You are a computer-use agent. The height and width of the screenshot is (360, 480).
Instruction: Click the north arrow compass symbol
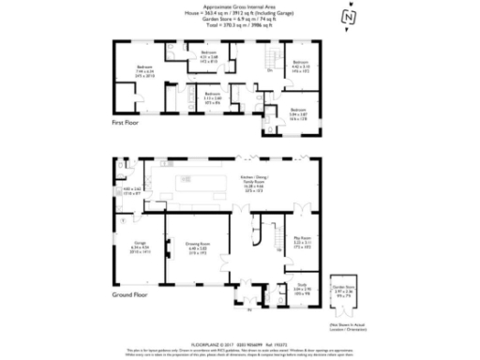(348, 17)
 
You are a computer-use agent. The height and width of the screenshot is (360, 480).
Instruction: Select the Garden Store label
(344, 291)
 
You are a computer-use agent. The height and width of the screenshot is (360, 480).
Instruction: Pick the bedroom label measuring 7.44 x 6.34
(144, 71)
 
